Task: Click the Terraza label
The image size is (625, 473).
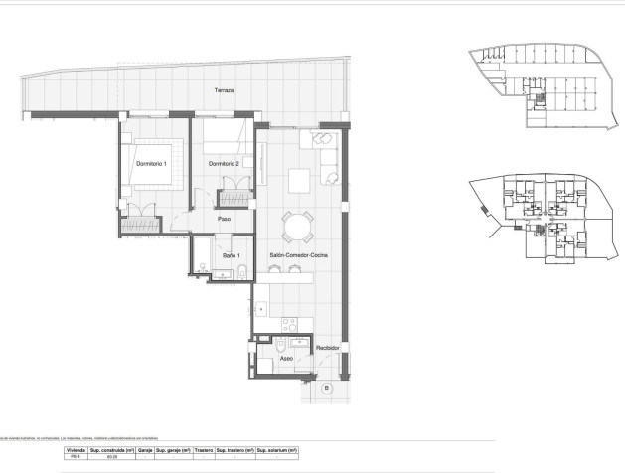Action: point(224,90)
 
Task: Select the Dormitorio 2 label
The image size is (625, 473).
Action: point(224,163)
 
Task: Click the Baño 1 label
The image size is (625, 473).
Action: point(231,256)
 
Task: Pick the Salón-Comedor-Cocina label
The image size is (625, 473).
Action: point(297,256)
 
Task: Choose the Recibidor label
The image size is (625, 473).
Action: point(328,348)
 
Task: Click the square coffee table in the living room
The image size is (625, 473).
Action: point(299,180)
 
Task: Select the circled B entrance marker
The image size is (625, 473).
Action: point(327,387)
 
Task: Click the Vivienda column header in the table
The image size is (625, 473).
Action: point(76,450)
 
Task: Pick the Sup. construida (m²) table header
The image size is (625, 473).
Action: point(111,450)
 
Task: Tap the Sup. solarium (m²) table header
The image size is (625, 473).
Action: point(277,450)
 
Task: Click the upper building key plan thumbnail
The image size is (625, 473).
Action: point(542,90)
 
